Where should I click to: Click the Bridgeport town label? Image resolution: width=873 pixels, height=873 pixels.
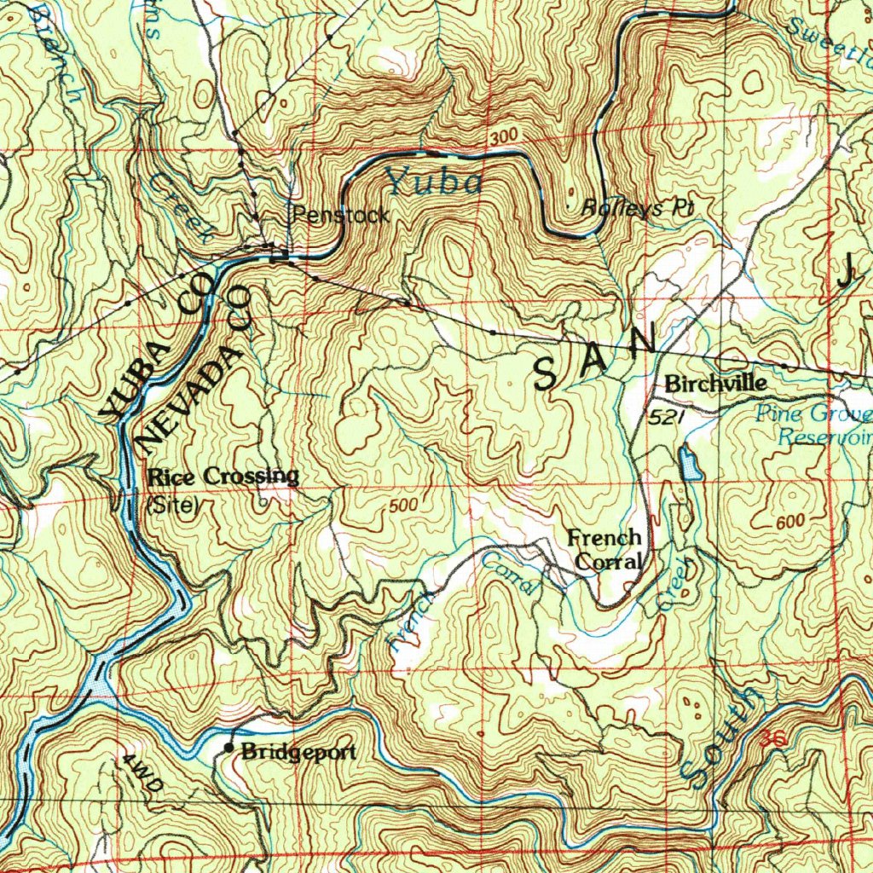point(298,752)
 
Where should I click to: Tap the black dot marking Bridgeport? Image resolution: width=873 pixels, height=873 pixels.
point(228,748)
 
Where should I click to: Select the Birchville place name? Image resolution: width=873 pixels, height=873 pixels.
point(715,384)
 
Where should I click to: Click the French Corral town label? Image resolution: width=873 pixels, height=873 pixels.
point(605,550)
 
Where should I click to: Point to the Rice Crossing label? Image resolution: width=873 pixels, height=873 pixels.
point(223,477)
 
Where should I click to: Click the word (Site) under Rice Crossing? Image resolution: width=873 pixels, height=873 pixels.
point(173,506)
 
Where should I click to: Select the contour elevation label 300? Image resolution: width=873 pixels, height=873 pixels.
point(505,137)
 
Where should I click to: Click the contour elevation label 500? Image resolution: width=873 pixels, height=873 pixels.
point(403,506)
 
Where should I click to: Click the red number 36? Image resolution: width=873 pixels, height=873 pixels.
point(774,738)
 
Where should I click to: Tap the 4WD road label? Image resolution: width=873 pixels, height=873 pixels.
point(142,775)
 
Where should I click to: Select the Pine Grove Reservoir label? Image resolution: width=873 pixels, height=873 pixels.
point(814,425)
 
